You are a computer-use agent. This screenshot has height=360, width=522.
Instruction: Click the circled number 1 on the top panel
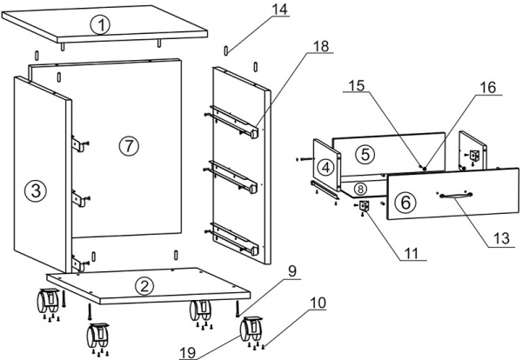click(102, 25)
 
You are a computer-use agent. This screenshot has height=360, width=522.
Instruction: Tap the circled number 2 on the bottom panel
click(144, 286)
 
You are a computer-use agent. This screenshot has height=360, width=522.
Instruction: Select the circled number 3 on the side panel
click(36, 191)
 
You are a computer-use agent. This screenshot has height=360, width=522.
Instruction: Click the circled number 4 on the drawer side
click(326, 168)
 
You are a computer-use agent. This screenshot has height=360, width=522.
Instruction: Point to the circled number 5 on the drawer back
click(365, 155)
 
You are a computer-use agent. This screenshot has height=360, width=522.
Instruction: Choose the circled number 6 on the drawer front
click(405, 202)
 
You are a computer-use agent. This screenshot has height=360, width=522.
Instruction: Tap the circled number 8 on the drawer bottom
click(360, 190)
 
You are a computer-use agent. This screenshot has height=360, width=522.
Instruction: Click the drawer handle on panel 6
click(455, 196)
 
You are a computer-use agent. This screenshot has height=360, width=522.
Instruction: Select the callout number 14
click(279, 10)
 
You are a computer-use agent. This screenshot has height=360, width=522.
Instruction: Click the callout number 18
click(321, 46)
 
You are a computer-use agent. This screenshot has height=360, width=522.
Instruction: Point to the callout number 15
click(357, 85)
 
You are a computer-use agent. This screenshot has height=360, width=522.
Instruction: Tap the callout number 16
click(488, 88)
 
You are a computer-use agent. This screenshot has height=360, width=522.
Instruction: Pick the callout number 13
click(502, 238)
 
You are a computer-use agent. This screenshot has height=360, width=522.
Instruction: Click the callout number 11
click(412, 254)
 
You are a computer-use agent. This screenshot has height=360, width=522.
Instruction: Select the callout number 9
click(292, 271)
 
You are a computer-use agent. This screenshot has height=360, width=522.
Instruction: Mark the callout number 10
click(318, 303)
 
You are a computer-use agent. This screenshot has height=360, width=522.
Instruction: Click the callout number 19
click(188, 353)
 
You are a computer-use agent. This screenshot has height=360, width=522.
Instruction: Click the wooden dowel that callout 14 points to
click(226, 50)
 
